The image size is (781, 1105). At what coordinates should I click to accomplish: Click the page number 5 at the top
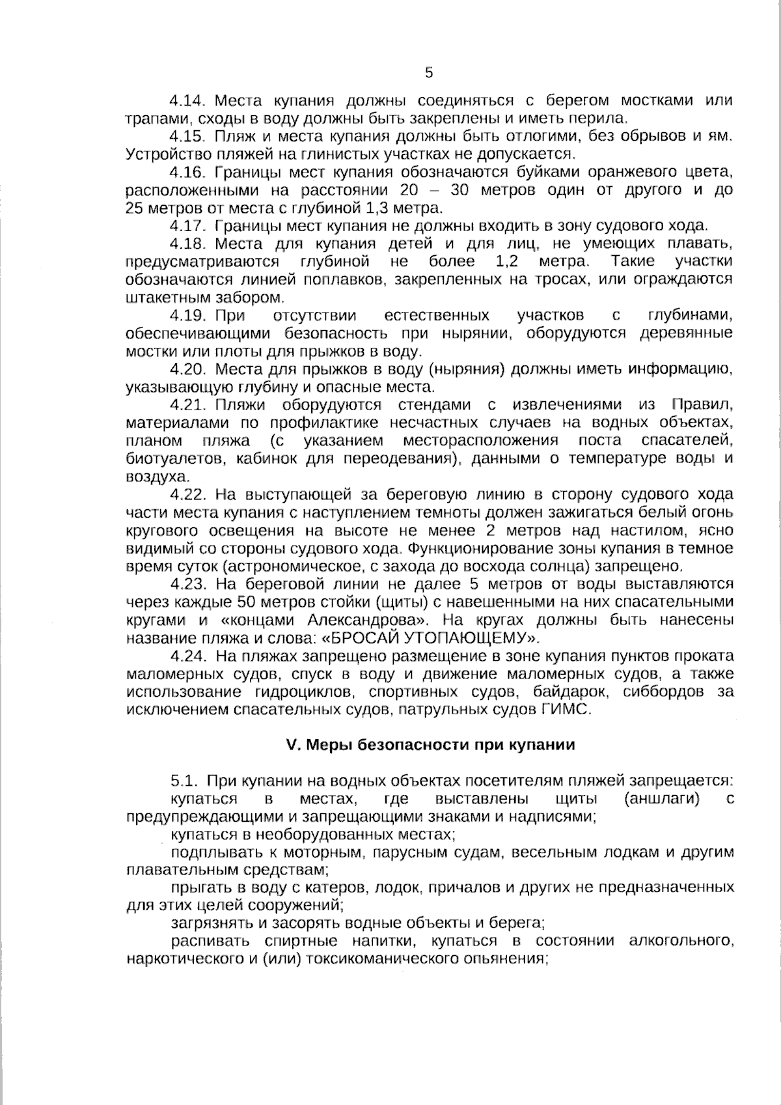[428, 72]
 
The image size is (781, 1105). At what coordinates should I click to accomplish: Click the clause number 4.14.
[187, 101]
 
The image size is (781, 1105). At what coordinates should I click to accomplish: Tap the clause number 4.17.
[187, 226]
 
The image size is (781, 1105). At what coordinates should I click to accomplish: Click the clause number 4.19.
[187, 316]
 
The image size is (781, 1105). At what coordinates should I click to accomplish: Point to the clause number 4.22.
[188, 494]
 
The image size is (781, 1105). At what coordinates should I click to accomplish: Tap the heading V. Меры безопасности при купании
[430, 745]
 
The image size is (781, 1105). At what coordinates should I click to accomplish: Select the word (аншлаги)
[660, 798]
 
